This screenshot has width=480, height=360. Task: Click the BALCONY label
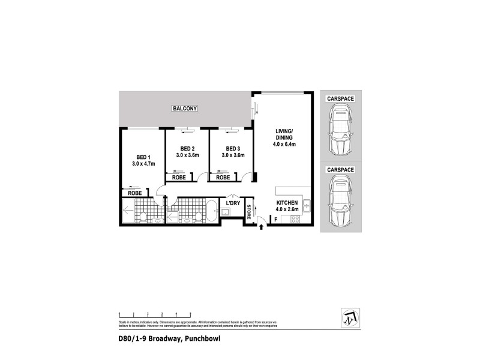point(185,109)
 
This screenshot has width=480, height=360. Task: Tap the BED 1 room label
point(143,158)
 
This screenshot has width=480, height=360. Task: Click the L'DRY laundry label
point(233,204)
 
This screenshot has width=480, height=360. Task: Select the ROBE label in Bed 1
point(134,193)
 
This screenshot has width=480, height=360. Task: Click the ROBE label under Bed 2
point(178,178)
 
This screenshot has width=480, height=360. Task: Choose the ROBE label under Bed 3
point(223,178)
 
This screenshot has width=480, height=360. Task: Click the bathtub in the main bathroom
point(212,211)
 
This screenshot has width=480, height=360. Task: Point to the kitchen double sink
point(307,205)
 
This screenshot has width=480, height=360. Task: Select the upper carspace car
point(340,130)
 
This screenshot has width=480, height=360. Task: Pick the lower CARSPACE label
point(340,170)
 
